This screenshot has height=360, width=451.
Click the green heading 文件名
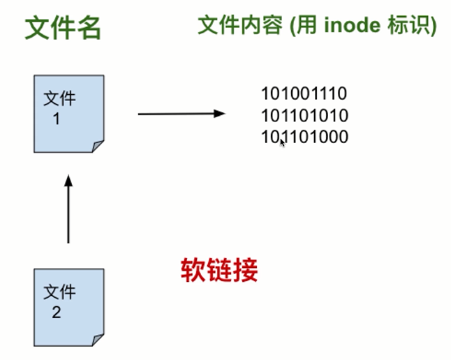tap(63, 28)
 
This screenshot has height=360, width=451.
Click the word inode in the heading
tap(352, 25)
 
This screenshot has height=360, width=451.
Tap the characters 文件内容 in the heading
tap(240, 25)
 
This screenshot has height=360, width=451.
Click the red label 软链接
tap(219, 270)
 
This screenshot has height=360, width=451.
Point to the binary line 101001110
tap(304, 93)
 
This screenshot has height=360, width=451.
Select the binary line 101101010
tap(304, 116)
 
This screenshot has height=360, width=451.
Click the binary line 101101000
tap(304, 137)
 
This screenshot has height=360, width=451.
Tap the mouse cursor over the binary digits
tap(283, 143)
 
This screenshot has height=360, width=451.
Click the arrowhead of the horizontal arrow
tap(219, 114)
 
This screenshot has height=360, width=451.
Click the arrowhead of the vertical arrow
tap(68, 181)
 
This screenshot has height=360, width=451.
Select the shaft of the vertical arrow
tap(68, 215)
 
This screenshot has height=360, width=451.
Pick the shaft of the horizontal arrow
tap(176, 114)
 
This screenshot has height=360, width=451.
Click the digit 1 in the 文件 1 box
tap(57, 119)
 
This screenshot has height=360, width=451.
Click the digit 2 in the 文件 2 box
tap(57, 313)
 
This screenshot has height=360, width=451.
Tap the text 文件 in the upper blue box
tap(59, 98)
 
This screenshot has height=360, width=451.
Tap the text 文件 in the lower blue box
tap(59, 292)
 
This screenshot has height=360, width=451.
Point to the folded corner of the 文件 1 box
tap(98, 147)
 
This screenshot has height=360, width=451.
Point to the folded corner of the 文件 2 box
tap(98, 340)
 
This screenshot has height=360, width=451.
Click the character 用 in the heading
tap(307, 25)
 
